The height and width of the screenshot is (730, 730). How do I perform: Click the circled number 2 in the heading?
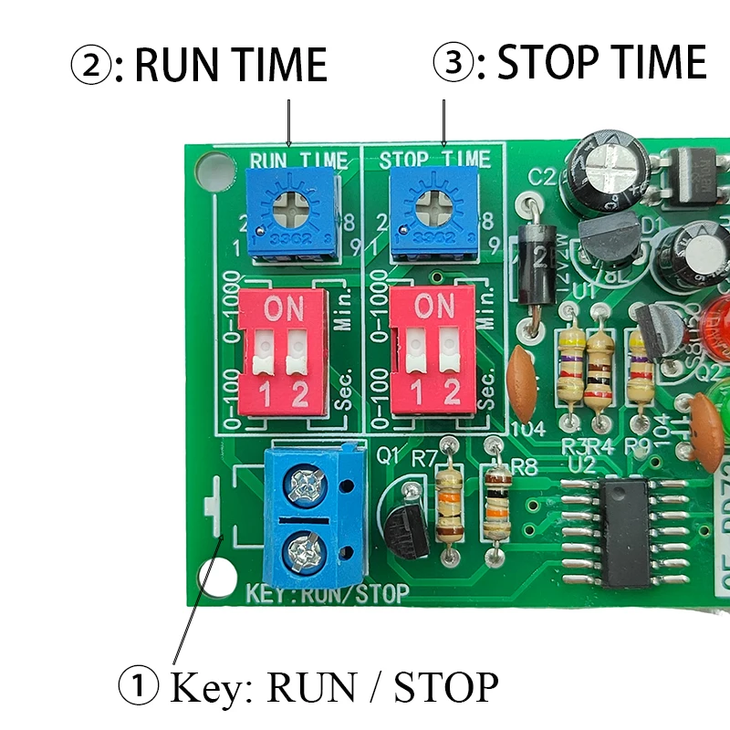91,66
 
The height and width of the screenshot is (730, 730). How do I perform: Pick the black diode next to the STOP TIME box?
534,266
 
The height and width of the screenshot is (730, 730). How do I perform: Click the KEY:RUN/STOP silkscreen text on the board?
327,594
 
